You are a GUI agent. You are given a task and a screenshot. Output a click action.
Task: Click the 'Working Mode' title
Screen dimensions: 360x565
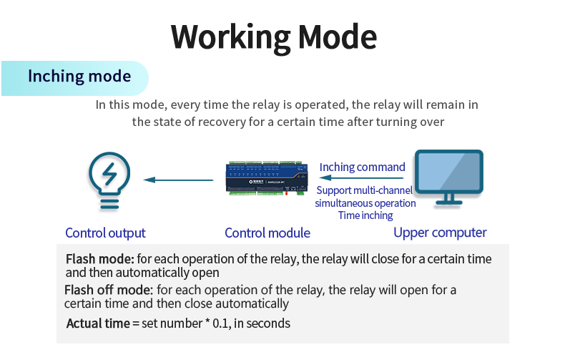(273, 37)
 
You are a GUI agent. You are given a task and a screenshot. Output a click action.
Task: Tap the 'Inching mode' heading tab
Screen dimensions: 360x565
(79, 77)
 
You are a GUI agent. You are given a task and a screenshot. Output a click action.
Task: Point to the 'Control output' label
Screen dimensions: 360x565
(105, 233)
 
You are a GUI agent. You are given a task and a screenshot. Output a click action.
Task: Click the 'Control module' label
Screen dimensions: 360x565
(267, 233)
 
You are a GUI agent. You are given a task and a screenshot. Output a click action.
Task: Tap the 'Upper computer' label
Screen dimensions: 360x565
(440, 233)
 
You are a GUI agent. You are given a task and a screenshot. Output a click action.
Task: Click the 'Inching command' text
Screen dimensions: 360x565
(362, 167)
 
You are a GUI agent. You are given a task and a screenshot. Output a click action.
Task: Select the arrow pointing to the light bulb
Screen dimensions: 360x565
(177, 180)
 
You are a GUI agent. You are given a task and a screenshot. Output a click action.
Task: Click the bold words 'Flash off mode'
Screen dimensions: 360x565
(108, 290)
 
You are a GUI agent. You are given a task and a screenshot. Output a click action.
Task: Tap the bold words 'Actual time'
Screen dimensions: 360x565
(97, 323)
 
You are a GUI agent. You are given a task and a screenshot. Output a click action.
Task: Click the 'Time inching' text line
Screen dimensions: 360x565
(365, 215)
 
